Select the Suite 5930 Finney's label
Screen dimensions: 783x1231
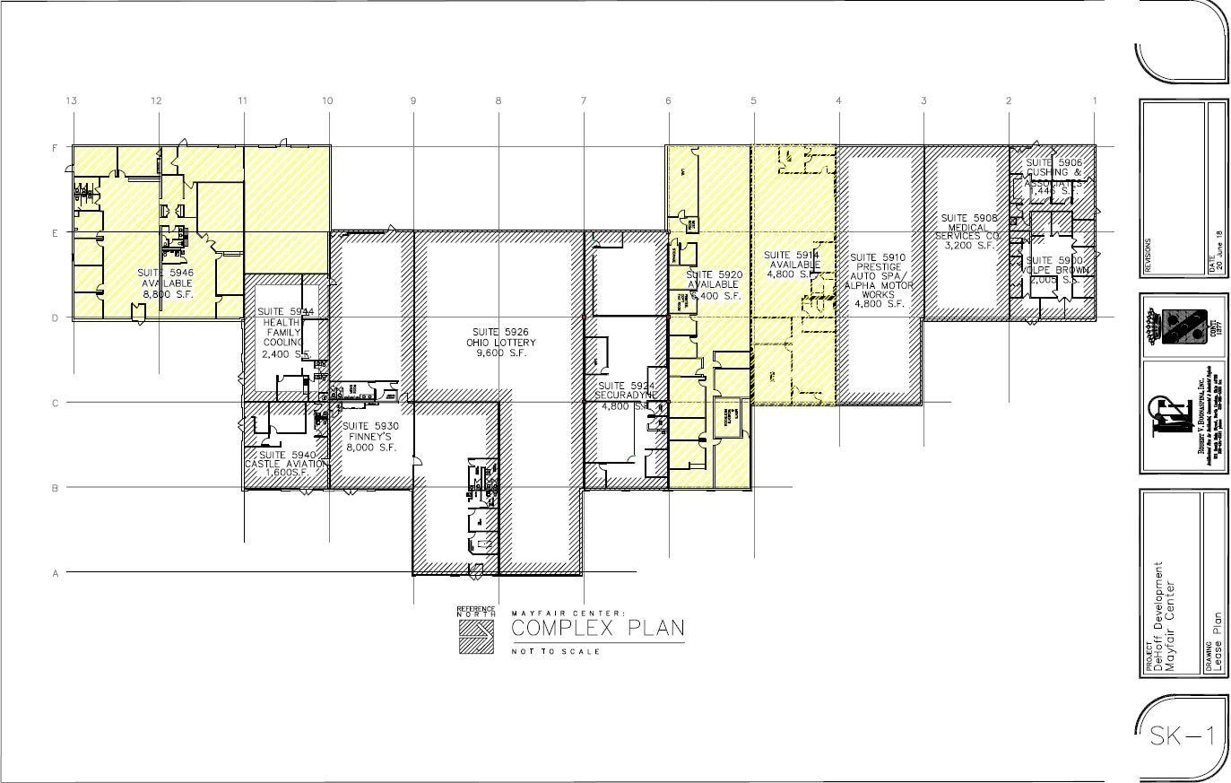[368, 436]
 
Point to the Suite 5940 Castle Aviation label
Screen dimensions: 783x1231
[286, 463]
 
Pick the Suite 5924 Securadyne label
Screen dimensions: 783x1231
[628, 395]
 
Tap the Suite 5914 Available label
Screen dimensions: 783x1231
[793, 265]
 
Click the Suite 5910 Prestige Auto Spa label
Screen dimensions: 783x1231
[879, 276]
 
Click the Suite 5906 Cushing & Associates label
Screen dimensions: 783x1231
[1054, 177]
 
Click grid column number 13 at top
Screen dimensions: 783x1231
[71, 101]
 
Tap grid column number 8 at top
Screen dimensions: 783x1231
[498, 101]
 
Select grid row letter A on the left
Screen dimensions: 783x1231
[56, 573]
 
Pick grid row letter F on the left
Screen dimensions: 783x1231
[56, 147]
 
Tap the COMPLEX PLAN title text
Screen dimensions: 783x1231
[597, 629]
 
